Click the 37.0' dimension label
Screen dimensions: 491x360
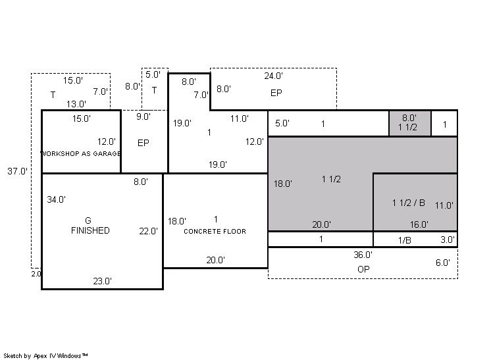point(18,171)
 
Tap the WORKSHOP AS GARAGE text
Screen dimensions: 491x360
point(81,153)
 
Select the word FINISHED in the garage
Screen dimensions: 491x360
point(90,230)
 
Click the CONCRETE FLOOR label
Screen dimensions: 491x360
point(215,232)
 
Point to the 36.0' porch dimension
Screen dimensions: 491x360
point(363,255)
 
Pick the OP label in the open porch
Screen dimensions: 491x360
point(363,269)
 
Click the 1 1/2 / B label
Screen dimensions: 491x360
point(409,203)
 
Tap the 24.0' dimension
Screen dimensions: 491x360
point(273,76)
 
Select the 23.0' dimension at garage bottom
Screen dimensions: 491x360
point(102,281)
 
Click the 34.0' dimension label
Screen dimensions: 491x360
point(57,199)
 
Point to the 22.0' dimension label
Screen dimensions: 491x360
point(149,232)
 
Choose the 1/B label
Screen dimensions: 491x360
point(405,240)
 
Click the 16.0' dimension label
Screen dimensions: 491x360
point(419,224)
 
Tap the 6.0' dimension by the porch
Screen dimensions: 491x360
point(443,263)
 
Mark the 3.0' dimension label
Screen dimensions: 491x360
point(448,240)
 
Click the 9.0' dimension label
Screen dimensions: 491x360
point(143,116)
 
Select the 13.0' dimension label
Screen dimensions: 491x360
point(76,104)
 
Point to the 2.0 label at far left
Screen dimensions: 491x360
point(36,274)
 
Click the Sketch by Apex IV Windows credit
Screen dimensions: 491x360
point(45,356)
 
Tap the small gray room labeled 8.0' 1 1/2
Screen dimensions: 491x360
point(410,123)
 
